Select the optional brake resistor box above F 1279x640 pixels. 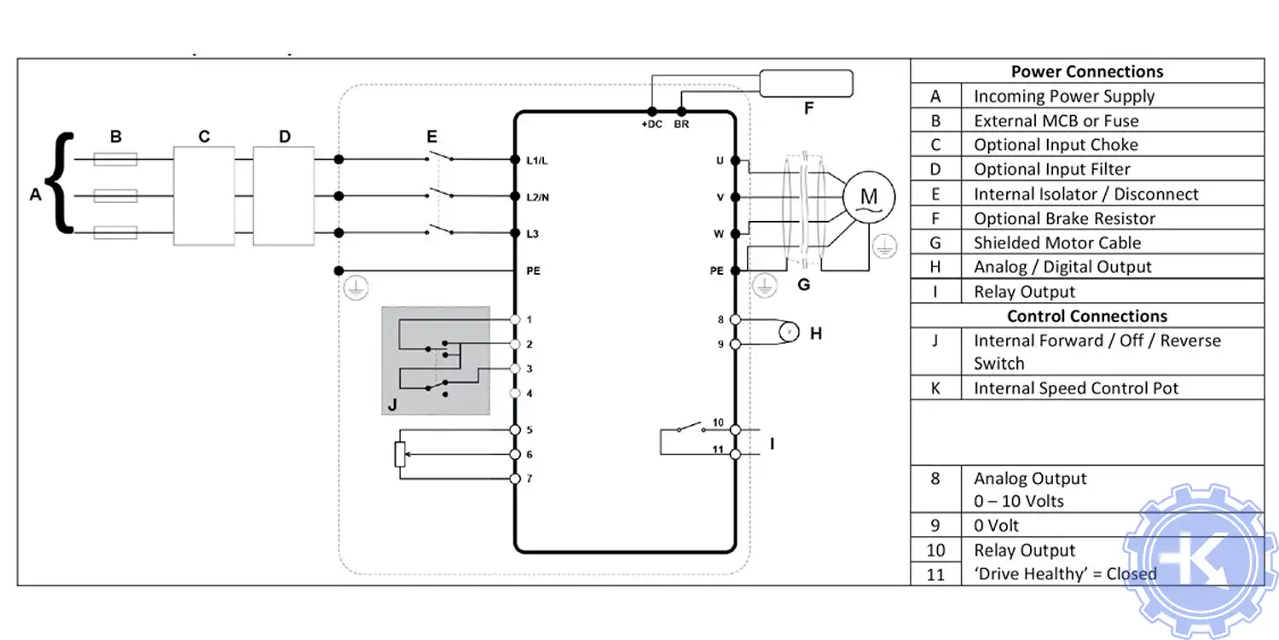(805, 84)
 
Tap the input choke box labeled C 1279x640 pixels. (204, 196)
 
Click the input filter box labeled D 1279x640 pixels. (284, 196)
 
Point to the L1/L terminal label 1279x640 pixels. (538, 160)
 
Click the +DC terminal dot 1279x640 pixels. (651, 111)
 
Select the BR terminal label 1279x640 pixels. (681, 125)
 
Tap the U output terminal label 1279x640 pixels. (721, 160)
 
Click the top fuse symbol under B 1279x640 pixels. (114, 159)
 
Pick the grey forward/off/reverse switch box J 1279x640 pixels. (435, 360)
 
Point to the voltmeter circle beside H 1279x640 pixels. (789, 331)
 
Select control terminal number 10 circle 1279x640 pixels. (736, 430)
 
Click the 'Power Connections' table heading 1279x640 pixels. (1086, 72)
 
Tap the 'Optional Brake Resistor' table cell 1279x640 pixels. (1064, 218)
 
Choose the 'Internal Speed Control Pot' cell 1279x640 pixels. (1075, 388)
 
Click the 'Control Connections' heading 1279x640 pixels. (1086, 316)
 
